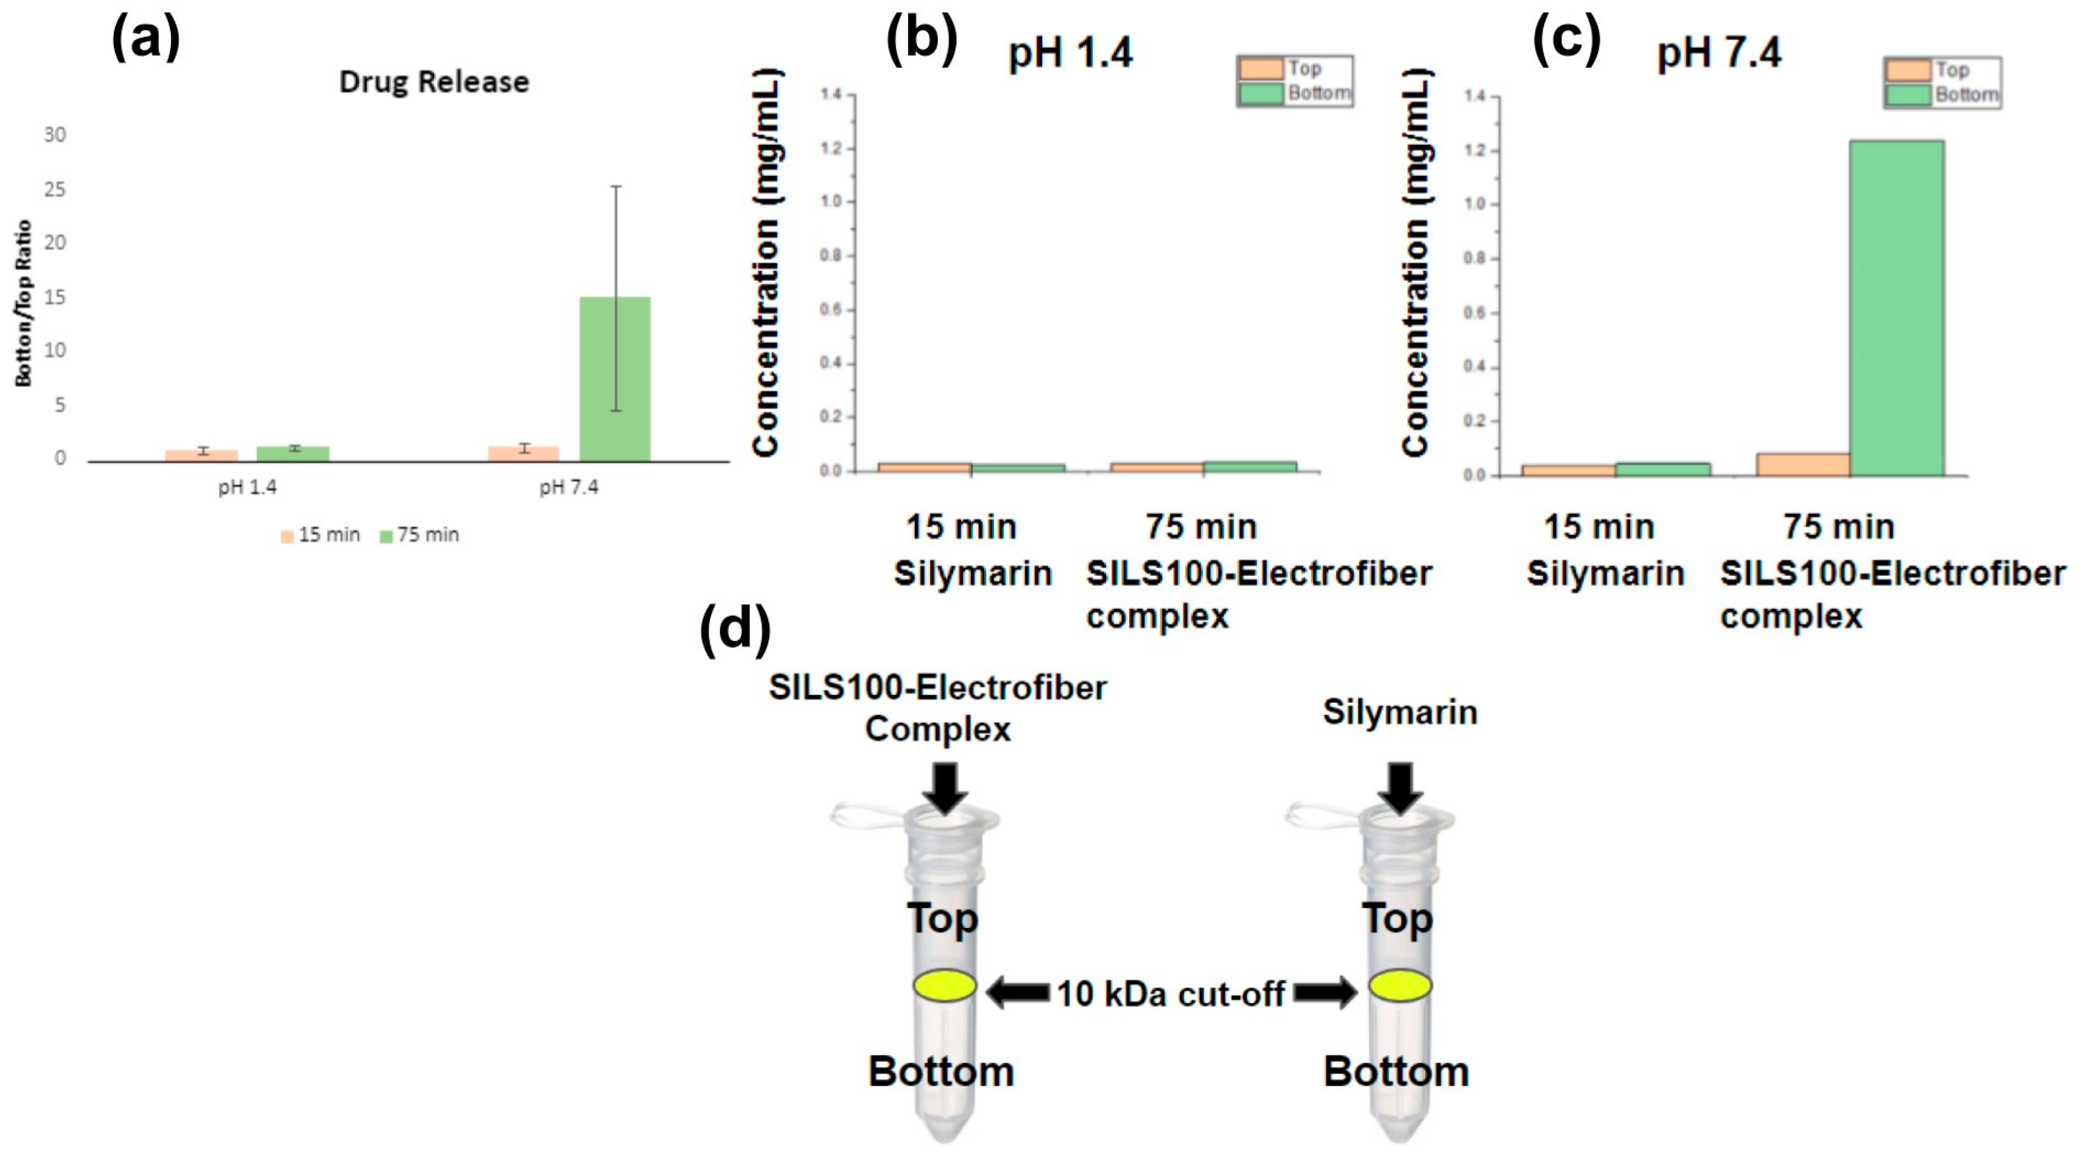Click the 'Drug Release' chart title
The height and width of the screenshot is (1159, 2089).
pyautogui.click(x=434, y=82)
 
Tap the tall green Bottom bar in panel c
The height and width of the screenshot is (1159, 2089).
pyautogui.click(x=1897, y=308)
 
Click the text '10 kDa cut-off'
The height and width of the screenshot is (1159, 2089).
pyautogui.click(x=1170, y=994)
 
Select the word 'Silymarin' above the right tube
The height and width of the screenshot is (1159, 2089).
pyautogui.click(x=1400, y=712)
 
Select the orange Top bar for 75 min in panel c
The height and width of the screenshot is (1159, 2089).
pyautogui.click(x=1802, y=464)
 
